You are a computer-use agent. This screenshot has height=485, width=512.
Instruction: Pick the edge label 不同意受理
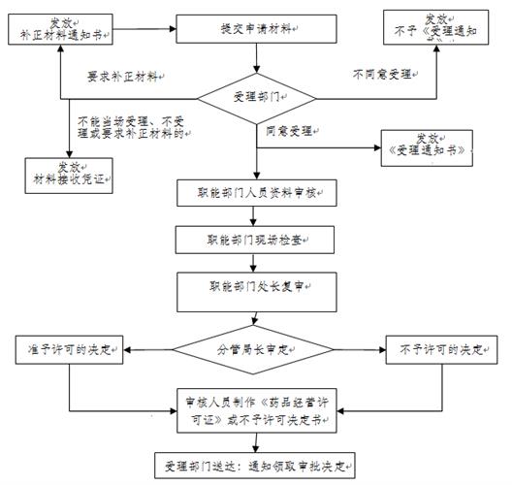(x=384, y=75)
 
